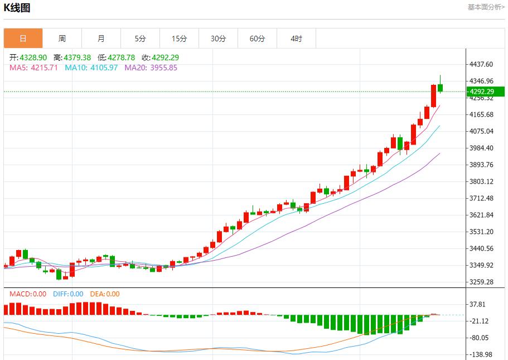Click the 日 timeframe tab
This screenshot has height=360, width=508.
coord(23,39)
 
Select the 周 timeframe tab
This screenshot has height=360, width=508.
coord(62,39)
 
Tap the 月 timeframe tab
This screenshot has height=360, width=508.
coord(101,39)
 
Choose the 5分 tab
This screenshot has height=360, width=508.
coord(140,39)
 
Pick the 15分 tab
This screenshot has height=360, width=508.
coord(179,39)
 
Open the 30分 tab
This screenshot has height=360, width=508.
coord(218,39)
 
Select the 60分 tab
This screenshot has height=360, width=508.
coord(257,39)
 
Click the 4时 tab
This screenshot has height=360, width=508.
coord(296,39)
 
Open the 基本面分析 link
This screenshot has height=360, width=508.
coord(486,7)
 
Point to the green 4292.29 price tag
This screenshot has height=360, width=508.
coord(485,92)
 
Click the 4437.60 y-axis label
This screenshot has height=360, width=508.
coord(481,65)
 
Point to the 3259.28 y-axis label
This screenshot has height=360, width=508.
coord(481,282)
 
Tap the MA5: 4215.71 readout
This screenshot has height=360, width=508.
coord(33,68)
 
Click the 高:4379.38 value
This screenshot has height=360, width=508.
coord(72,57)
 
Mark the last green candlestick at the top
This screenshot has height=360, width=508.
coord(441,87)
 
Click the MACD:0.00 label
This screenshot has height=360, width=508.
coord(28,294)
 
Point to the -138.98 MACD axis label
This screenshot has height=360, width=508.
coord(481,354)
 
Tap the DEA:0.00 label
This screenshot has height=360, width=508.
coord(104,294)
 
